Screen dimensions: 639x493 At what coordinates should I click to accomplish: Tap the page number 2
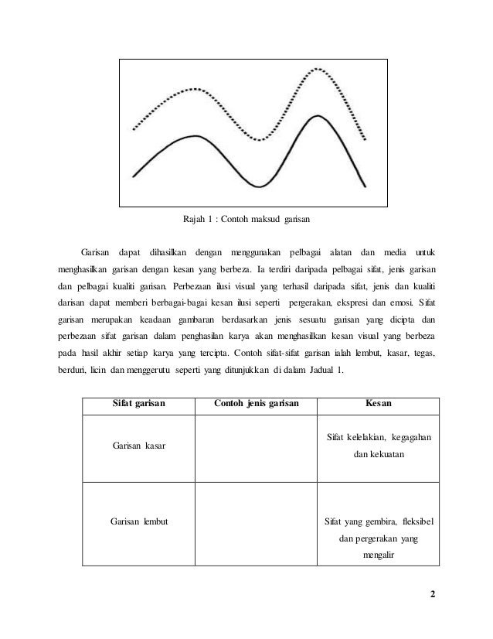coord(433,595)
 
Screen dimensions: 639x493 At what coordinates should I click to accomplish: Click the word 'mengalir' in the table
coord(378,554)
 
